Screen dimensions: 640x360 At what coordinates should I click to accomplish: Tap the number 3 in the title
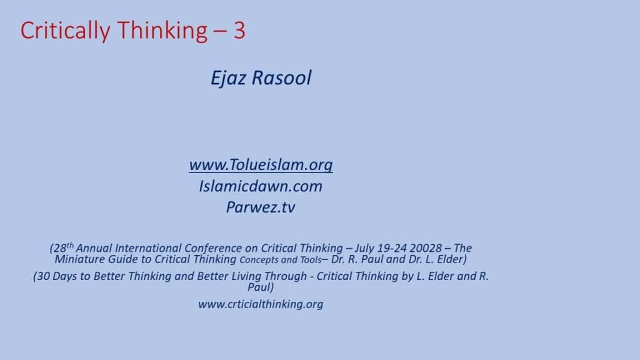pos(239,31)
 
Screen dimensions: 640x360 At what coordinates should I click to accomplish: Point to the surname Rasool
pos(281,77)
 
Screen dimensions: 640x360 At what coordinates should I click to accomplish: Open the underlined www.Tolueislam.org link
pos(261,165)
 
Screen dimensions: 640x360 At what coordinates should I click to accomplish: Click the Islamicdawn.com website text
pos(261,186)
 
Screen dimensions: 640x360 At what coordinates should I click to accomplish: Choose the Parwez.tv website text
pos(261,207)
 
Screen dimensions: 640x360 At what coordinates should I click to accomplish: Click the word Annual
pos(94,248)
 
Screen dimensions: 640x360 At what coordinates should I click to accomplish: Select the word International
pos(148,248)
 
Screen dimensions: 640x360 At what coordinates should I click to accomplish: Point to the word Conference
pos(213,248)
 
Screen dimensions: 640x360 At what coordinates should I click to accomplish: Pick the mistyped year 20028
pos(426,248)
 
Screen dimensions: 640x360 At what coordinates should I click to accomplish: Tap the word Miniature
pos(80,259)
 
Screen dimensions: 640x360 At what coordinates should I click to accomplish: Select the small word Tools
pos(311,260)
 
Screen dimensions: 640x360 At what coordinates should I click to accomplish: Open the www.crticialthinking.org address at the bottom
pos(261,304)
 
